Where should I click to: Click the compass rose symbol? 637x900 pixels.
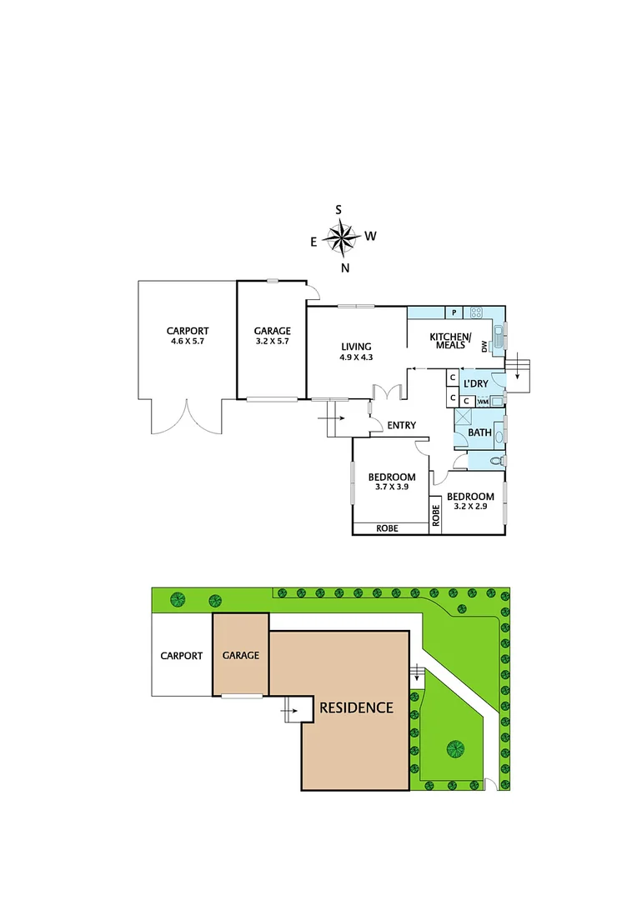click(x=339, y=239)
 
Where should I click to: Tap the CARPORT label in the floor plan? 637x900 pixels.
click(x=187, y=330)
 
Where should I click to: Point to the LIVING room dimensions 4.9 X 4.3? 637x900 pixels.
click(x=355, y=357)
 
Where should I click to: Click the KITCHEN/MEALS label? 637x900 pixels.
click(x=450, y=340)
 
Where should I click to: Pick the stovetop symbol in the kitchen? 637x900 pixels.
click(x=477, y=313)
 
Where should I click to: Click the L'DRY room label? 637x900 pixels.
click(x=475, y=383)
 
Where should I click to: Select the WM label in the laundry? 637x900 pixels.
click(x=482, y=401)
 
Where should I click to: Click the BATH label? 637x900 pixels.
click(x=479, y=432)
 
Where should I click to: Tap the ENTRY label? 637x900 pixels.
click(x=401, y=426)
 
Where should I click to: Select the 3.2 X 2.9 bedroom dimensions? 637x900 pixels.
click(x=470, y=506)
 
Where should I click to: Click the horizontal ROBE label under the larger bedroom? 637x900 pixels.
click(x=387, y=527)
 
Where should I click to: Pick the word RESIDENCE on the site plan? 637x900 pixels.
click(x=356, y=707)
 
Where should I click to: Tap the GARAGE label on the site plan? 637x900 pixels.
click(x=240, y=655)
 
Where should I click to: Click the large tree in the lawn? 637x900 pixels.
click(x=455, y=748)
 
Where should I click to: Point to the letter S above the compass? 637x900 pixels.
click(x=339, y=210)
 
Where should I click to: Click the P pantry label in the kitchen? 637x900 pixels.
click(x=454, y=312)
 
